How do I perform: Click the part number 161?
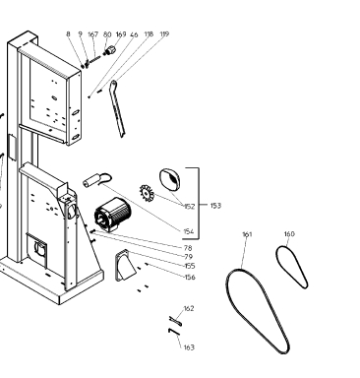click(247, 234)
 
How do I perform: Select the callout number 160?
click(289, 234)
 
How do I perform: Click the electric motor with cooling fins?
click(112, 215)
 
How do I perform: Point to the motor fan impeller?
click(147, 193)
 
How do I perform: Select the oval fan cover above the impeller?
click(170, 179)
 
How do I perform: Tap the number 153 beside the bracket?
click(215, 206)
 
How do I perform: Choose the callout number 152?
click(189, 207)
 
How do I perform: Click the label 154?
click(189, 231)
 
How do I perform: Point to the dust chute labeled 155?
click(125, 265)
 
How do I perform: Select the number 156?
click(190, 278)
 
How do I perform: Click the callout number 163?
click(189, 347)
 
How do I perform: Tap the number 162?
click(189, 308)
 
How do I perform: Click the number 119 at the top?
click(164, 34)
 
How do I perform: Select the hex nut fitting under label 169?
click(111, 50)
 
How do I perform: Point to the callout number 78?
click(188, 248)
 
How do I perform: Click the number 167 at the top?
click(93, 34)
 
